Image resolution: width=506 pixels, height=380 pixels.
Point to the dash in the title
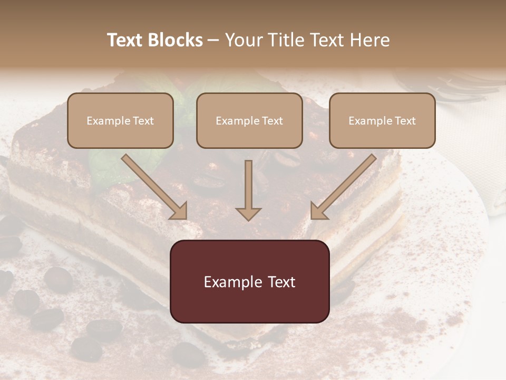214,40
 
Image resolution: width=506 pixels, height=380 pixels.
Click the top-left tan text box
120,120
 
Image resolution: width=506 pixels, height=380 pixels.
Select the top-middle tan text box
249,120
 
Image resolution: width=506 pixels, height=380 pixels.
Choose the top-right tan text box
382,120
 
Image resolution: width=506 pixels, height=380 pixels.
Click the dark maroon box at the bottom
249,281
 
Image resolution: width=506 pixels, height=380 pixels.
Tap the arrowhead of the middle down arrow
248,213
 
